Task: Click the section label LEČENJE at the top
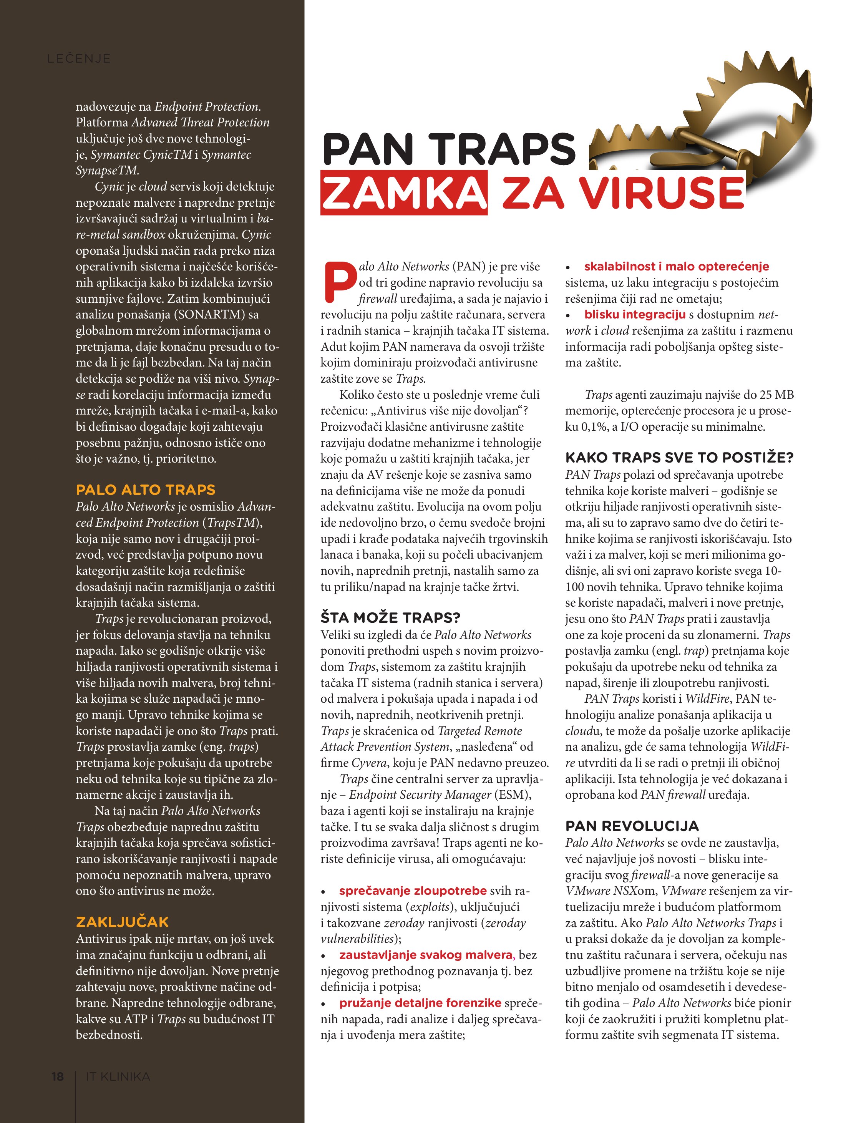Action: click(x=79, y=58)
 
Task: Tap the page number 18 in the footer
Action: click(x=57, y=1076)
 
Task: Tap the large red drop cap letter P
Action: click(x=338, y=281)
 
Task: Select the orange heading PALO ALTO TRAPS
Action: click(x=145, y=490)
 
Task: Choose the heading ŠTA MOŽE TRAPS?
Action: click(x=390, y=618)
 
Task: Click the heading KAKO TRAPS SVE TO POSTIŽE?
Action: click(x=679, y=458)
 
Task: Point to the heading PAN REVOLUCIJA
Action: click(x=632, y=826)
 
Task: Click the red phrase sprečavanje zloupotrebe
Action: click(x=413, y=891)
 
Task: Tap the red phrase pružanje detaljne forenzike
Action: click(x=420, y=1003)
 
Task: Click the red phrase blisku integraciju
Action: click(x=635, y=314)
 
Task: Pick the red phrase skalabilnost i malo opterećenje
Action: click(x=676, y=267)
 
